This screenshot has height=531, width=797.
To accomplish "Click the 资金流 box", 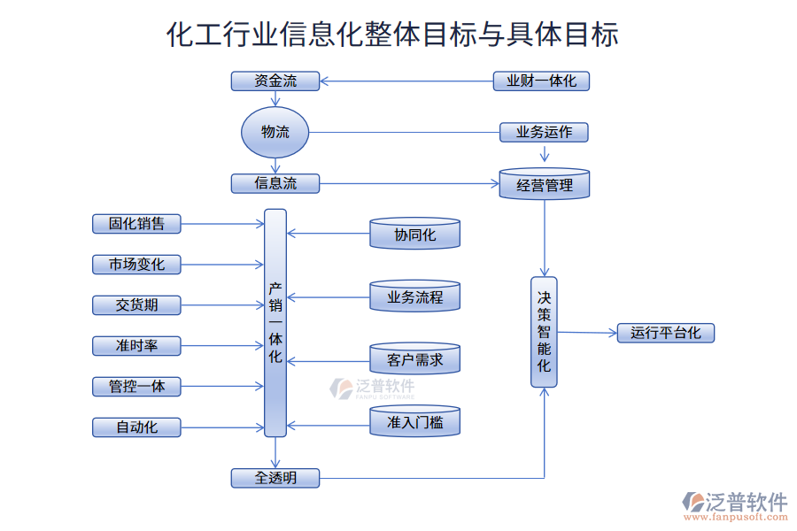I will [275, 81].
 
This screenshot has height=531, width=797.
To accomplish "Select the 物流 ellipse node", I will [275, 133].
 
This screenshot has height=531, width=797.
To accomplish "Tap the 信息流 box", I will [275, 184].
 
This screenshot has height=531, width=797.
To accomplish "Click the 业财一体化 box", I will [541, 81].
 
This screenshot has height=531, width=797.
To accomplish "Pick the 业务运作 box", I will [544, 133].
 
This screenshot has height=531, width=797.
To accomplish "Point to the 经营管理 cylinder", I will [545, 184].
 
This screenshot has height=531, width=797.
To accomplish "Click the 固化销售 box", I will [136, 224].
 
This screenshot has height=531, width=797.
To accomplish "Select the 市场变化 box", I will [136, 265].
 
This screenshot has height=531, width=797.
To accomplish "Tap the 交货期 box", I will [136, 305].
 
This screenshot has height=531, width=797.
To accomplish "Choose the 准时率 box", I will [136, 346].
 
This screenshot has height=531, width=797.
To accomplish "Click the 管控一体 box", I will [136, 387].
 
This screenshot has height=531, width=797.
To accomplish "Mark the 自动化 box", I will [136, 427].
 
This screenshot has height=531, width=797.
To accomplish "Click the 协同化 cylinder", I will [414, 235].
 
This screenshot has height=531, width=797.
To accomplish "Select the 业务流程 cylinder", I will [414, 297].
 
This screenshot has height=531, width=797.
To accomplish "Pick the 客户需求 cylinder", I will [414, 359].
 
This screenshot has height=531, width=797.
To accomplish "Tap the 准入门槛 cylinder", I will [414, 422].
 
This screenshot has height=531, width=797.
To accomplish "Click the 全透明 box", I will [275, 479].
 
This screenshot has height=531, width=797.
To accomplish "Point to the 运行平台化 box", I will [665, 334].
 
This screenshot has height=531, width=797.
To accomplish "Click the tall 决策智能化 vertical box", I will [544, 332].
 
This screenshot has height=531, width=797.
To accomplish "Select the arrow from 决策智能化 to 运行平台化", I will [587, 333].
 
